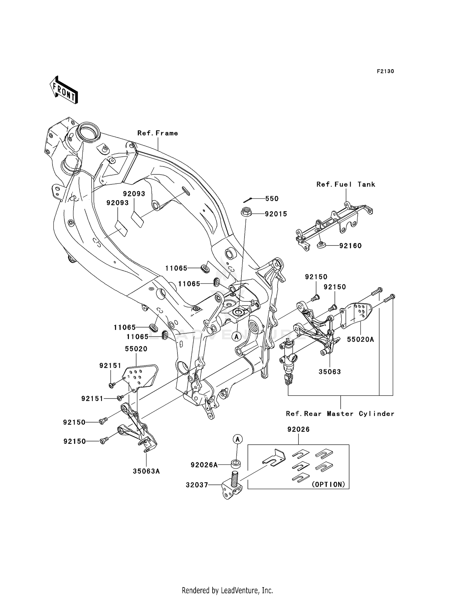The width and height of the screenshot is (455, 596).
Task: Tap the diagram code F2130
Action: point(385,71)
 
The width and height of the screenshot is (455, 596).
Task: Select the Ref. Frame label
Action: point(157,133)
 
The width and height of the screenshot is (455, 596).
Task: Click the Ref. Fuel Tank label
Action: point(346,184)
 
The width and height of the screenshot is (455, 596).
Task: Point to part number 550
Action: point(272,199)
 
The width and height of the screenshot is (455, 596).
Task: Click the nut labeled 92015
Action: point(246,212)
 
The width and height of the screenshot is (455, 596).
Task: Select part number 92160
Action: point(350,246)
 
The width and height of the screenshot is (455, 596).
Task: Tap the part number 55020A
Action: point(360,340)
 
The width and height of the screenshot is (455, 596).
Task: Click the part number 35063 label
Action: point(330,372)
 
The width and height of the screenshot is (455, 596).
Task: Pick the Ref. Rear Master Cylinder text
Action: point(340,414)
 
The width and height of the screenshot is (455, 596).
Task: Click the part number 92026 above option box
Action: point(298,430)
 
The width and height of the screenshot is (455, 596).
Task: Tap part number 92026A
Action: point(204,465)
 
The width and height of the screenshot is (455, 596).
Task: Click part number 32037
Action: point(197,485)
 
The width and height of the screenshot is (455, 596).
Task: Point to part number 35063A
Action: point(146,471)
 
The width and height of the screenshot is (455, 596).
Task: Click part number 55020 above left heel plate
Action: point(136,349)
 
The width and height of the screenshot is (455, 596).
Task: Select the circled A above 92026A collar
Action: point(238,439)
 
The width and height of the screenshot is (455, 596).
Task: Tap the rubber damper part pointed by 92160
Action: point(321,245)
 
